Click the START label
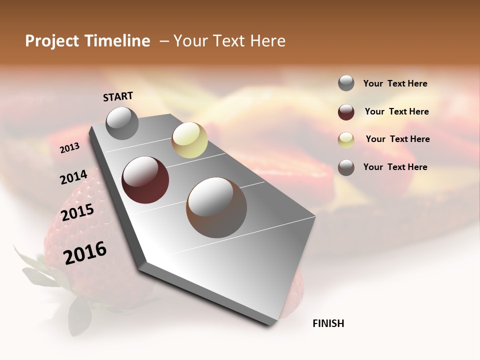[x=118, y=96]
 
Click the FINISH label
[x=328, y=323]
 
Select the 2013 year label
[x=69, y=148]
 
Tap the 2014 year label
[x=73, y=177]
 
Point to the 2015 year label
[x=77, y=212]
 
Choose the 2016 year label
[x=85, y=252]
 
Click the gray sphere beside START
[x=122, y=123]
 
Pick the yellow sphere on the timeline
[x=189, y=140]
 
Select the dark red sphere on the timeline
[x=145, y=180]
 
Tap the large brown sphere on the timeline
[x=216, y=207]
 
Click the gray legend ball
[x=346, y=83]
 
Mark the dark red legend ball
[x=346, y=112]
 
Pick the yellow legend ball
[x=346, y=139]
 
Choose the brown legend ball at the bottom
[x=346, y=167]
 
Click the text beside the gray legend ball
[x=395, y=83]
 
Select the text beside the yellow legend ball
[x=397, y=139]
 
